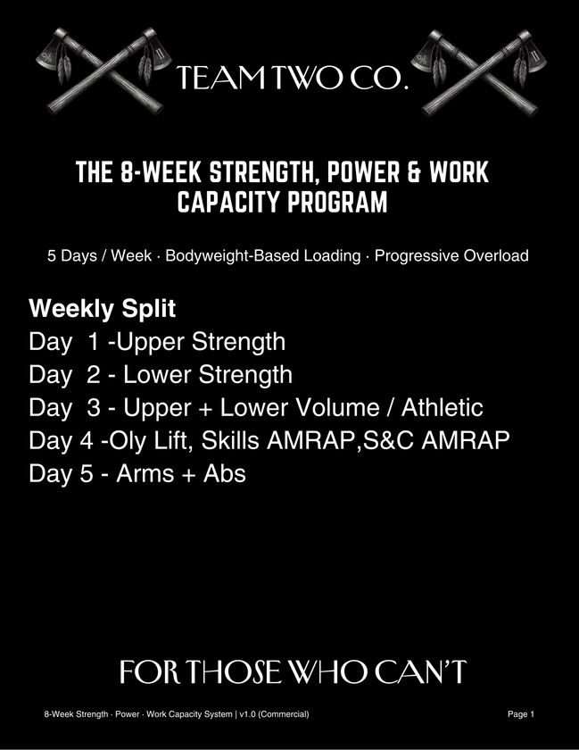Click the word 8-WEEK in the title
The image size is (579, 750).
click(165, 172)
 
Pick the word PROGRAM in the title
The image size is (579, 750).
click(343, 203)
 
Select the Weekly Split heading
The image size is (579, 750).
click(103, 310)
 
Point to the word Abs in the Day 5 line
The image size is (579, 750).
click(223, 473)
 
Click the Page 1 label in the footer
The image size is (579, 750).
click(520, 714)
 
